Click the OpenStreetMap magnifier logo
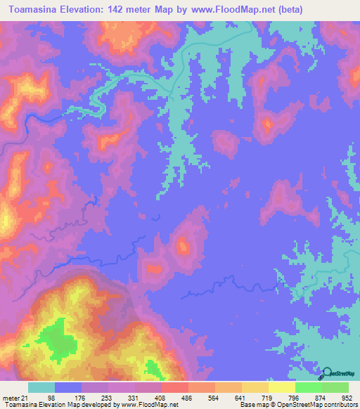coord(328,372)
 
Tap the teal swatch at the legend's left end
coord(41,388)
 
